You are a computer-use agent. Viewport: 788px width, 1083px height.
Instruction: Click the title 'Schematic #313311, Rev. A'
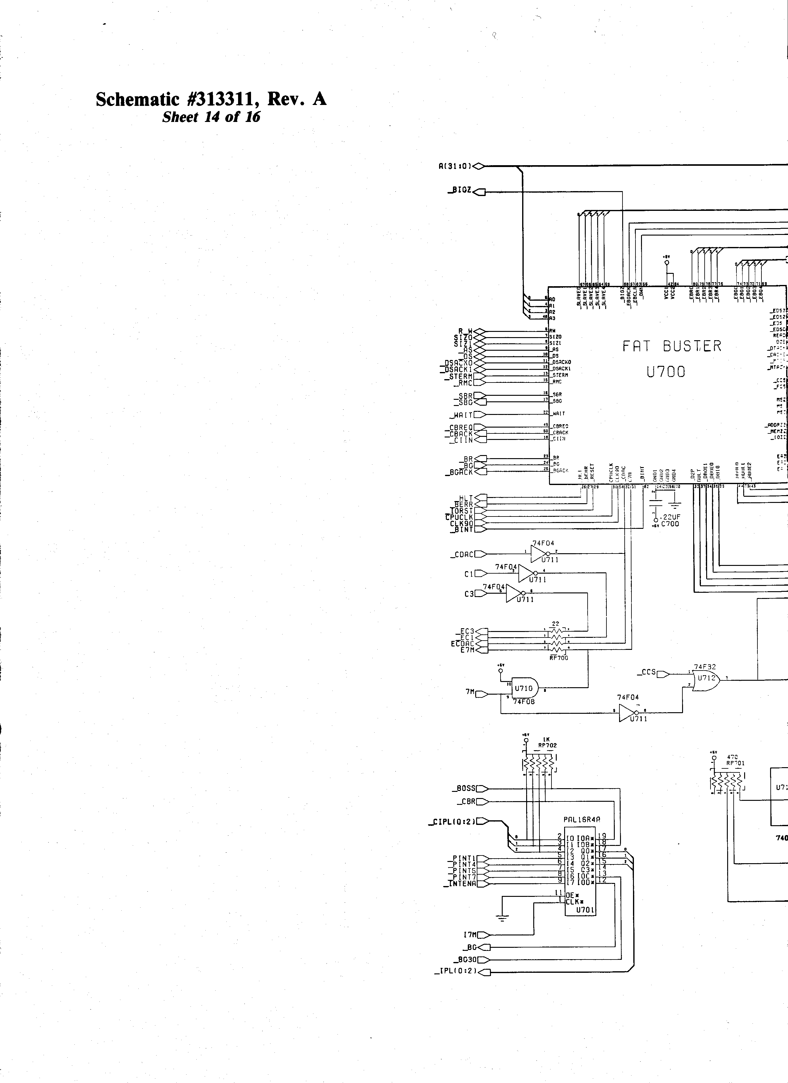(211, 99)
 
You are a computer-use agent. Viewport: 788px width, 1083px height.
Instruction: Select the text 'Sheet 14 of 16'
(211, 117)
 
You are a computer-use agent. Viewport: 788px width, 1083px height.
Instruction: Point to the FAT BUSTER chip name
(672, 347)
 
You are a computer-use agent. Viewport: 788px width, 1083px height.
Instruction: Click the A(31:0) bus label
(455, 166)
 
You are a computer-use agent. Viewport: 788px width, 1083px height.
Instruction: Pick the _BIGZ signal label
(459, 190)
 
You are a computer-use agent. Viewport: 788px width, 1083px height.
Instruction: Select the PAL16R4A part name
(581, 820)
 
